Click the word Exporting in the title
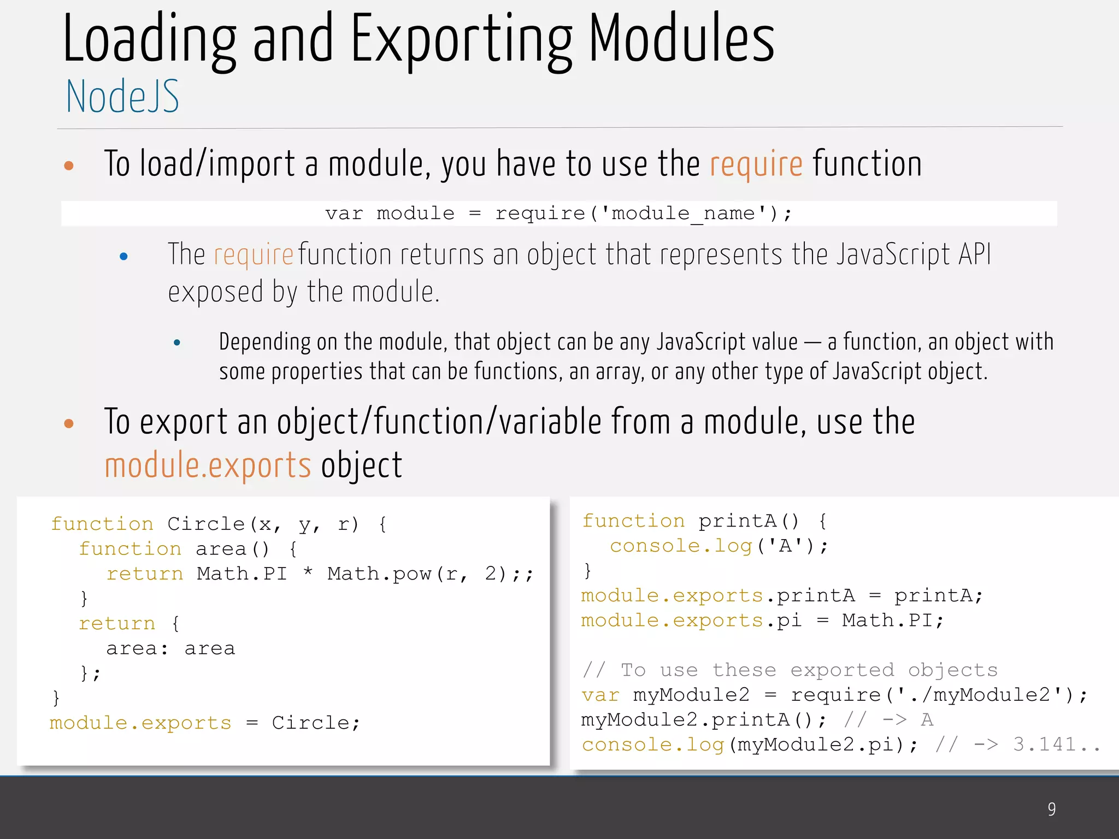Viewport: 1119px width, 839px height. pos(461,41)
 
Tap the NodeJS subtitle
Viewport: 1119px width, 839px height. pos(122,97)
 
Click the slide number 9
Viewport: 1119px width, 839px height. pos(1051,809)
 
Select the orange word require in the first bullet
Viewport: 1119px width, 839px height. pos(756,164)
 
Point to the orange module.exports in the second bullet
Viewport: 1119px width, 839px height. pos(208,465)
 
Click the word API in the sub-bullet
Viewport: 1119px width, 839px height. pos(975,255)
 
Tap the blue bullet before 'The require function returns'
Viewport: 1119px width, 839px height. pos(123,256)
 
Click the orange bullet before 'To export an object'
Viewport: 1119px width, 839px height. pos(69,423)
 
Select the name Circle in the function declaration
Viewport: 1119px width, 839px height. pos(206,524)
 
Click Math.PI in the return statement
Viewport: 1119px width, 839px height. pos(242,574)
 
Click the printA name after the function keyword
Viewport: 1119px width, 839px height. pos(738,521)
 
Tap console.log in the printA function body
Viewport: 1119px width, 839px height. pos(681,546)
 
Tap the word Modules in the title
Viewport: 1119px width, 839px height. pos(681,41)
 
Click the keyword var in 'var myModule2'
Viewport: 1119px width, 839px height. pos(600,695)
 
